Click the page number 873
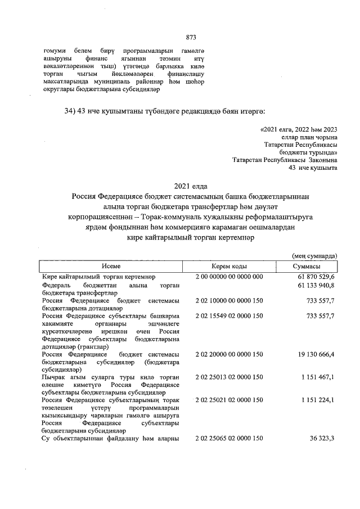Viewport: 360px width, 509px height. pyautogui.click(x=191, y=38)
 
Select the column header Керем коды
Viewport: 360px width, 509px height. pyautogui.click(x=229, y=266)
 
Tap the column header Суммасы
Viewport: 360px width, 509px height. pyautogui.click(x=307, y=266)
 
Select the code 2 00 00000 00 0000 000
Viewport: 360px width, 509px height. pyautogui.click(x=229, y=277)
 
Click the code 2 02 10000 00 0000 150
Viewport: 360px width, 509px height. pyautogui.click(x=229, y=301)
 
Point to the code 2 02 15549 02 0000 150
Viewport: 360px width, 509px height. pyautogui.click(x=229, y=316)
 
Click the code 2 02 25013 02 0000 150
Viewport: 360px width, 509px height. pyautogui.click(x=229, y=377)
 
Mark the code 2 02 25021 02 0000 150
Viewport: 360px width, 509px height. pyautogui.click(x=229, y=400)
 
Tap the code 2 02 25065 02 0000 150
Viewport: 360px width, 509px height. pyautogui.click(x=229, y=438)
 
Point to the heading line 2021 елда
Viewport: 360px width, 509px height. pyautogui.click(x=191, y=186)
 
